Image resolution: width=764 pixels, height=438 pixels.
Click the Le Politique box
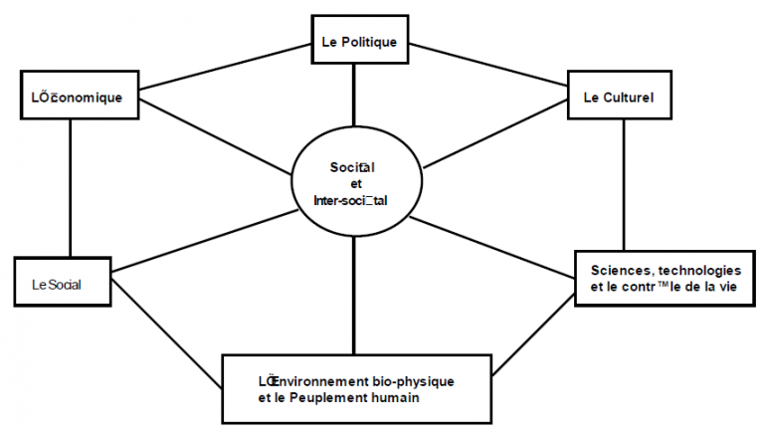pyautogui.click(x=358, y=43)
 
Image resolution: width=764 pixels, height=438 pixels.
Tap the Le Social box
pyautogui.click(x=62, y=285)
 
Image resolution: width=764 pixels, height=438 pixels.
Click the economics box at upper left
pyautogui.click(x=77, y=97)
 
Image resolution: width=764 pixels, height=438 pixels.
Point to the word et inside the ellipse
pyautogui.click(x=356, y=183)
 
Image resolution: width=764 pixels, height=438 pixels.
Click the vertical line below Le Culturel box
pyautogui.click(x=624, y=183)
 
